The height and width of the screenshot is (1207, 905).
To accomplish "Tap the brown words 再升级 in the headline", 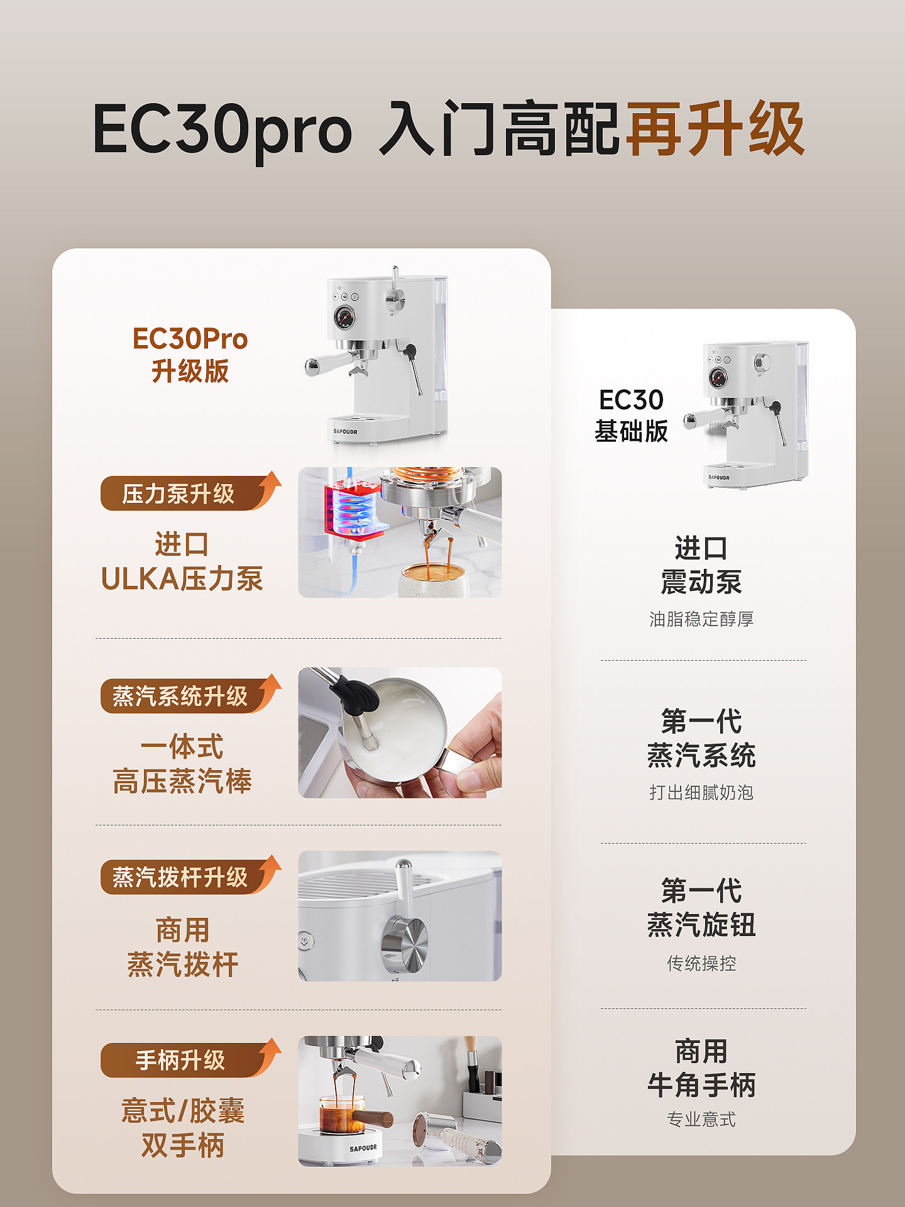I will click(715, 129).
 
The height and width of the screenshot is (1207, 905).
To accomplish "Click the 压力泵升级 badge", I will click(179, 493).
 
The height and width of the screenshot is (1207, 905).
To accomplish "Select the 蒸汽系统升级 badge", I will click(180, 696).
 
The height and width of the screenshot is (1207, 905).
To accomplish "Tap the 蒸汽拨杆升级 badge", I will click(180, 877).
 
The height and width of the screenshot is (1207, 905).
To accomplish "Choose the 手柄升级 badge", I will click(180, 1060).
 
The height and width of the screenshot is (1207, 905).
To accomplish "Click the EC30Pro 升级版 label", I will click(190, 355).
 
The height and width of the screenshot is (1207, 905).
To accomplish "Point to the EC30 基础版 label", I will click(631, 415).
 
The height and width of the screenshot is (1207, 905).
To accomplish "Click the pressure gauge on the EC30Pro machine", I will click(344, 317).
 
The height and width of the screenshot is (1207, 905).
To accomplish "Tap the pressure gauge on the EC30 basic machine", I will click(718, 378).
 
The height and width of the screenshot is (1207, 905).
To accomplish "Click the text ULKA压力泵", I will click(182, 578).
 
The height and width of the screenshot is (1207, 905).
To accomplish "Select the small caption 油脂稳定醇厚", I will click(701, 619).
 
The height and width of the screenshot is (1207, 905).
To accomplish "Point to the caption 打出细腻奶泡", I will click(701, 792).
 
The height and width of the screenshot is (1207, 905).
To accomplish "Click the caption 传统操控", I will click(701, 963).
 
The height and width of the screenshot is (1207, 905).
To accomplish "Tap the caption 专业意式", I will click(701, 1120).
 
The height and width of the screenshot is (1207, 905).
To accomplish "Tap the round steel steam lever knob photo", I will click(405, 943).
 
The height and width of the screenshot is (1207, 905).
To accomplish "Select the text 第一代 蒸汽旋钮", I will click(701, 908).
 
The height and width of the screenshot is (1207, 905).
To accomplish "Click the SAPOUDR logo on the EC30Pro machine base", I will click(346, 432).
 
